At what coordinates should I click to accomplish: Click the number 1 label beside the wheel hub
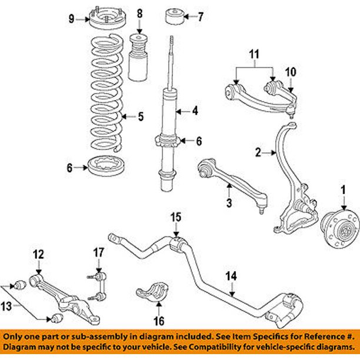click(340, 189)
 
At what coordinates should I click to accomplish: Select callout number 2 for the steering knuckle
click(258, 154)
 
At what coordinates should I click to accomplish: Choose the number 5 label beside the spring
click(141, 117)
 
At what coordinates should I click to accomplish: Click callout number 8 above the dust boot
click(139, 13)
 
